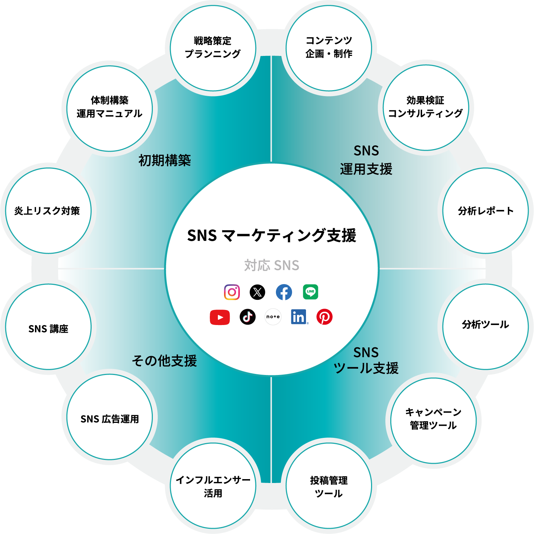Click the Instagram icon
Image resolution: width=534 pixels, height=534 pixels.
pyautogui.click(x=232, y=292)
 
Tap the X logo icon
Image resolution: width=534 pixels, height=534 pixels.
pyautogui.click(x=257, y=292)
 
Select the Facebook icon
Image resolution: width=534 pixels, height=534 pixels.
pyautogui.click(x=284, y=292)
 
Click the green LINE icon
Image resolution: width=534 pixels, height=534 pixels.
pyautogui.click(x=311, y=292)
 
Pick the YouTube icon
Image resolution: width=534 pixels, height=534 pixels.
pyautogui.click(x=220, y=317)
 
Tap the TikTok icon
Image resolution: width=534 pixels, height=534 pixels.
pyautogui.click(x=248, y=317)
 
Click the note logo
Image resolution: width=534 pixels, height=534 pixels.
pyautogui.click(x=273, y=317)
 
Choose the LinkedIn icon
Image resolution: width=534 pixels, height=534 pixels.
pyautogui.click(x=299, y=317)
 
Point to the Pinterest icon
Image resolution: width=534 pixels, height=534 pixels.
pyautogui.click(x=325, y=317)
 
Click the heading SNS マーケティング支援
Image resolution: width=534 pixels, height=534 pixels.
pyautogui.click(x=272, y=236)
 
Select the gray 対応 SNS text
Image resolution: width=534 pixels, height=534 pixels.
pyautogui.click(x=272, y=266)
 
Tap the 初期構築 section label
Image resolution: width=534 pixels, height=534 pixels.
pyautogui.click(x=165, y=160)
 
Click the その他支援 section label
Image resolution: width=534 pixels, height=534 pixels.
pyautogui.click(x=164, y=361)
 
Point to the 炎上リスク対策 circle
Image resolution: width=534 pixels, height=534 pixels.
pyautogui.click(x=48, y=211)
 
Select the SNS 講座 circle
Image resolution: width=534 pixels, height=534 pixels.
pyautogui.click(x=48, y=327)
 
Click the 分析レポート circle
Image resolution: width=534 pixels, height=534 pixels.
pyautogui.click(x=485, y=211)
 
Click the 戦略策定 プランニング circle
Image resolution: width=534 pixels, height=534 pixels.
pyautogui.click(x=213, y=48)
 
